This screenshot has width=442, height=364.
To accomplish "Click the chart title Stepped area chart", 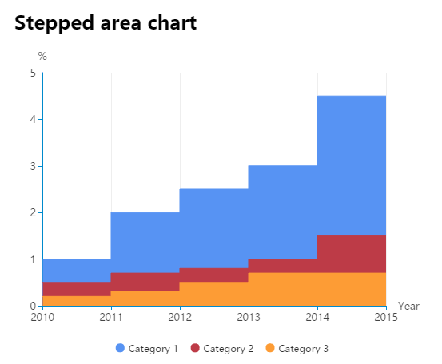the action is click(106, 23).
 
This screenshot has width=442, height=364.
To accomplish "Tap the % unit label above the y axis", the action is click(42, 57).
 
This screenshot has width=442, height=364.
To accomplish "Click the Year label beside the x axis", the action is click(408, 306).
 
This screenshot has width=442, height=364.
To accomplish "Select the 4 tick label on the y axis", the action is click(34, 120).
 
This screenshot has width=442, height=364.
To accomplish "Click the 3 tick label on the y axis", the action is click(34, 166).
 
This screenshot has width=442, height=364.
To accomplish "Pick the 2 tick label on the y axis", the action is click(34, 213).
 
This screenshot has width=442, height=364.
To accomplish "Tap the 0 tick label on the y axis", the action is click(34, 306).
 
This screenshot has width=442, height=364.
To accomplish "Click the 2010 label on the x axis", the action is click(42, 317).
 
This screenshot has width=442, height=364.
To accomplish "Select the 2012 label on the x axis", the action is click(180, 317).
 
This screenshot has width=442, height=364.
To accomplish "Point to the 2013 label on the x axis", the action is click(249, 317).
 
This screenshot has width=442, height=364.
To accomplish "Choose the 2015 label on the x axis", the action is click(386, 317).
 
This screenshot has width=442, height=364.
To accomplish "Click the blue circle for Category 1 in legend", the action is click(120, 348).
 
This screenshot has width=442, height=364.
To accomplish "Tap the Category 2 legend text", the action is click(229, 349).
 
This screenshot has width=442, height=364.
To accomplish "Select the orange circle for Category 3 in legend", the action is click(270, 348).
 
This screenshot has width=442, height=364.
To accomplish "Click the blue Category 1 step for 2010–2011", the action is click(77, 271).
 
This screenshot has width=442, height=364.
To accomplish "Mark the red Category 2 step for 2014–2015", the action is click(352, 254).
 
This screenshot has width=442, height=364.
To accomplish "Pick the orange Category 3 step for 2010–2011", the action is click(77, 301).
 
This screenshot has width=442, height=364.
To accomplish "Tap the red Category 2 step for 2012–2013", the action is click(214, 275).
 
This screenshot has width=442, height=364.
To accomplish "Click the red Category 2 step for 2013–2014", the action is click(283, 266).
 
